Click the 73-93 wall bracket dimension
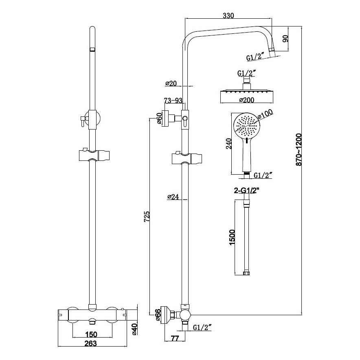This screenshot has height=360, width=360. (x=172, y=100)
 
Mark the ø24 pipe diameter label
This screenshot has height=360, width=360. (x=173, y=197)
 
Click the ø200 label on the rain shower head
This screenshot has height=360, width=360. (x=246, y=99)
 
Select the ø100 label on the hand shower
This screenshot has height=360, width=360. (x=266, y=116)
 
